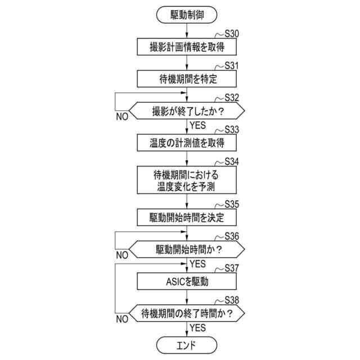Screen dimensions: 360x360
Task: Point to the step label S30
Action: click(x=231, y=33)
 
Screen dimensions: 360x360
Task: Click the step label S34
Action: click(x=231, y=161)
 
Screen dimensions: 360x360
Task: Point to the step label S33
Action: click(x=231, y=129)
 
